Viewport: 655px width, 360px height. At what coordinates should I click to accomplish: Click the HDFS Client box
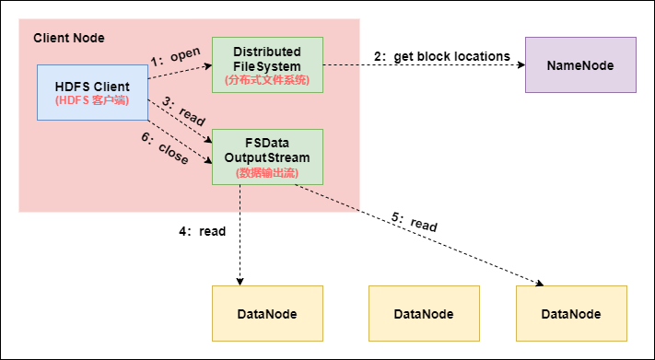92,92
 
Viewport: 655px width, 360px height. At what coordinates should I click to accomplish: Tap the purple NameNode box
580,64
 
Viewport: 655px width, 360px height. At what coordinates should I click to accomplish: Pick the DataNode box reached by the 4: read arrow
267,313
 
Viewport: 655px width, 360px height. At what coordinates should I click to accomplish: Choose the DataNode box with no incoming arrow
424,313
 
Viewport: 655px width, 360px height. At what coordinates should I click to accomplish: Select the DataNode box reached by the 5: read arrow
571,313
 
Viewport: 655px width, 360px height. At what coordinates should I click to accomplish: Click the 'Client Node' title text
69,38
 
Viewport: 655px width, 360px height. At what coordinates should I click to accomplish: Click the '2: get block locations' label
442,56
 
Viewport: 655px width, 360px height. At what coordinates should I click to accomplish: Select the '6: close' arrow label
167,149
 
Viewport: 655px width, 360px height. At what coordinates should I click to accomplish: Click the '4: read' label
203,231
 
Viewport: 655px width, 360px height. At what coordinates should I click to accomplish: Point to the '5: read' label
415,222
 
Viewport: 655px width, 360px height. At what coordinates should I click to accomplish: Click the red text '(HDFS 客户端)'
92,99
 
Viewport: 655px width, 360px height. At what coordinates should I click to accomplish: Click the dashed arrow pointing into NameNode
424,65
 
